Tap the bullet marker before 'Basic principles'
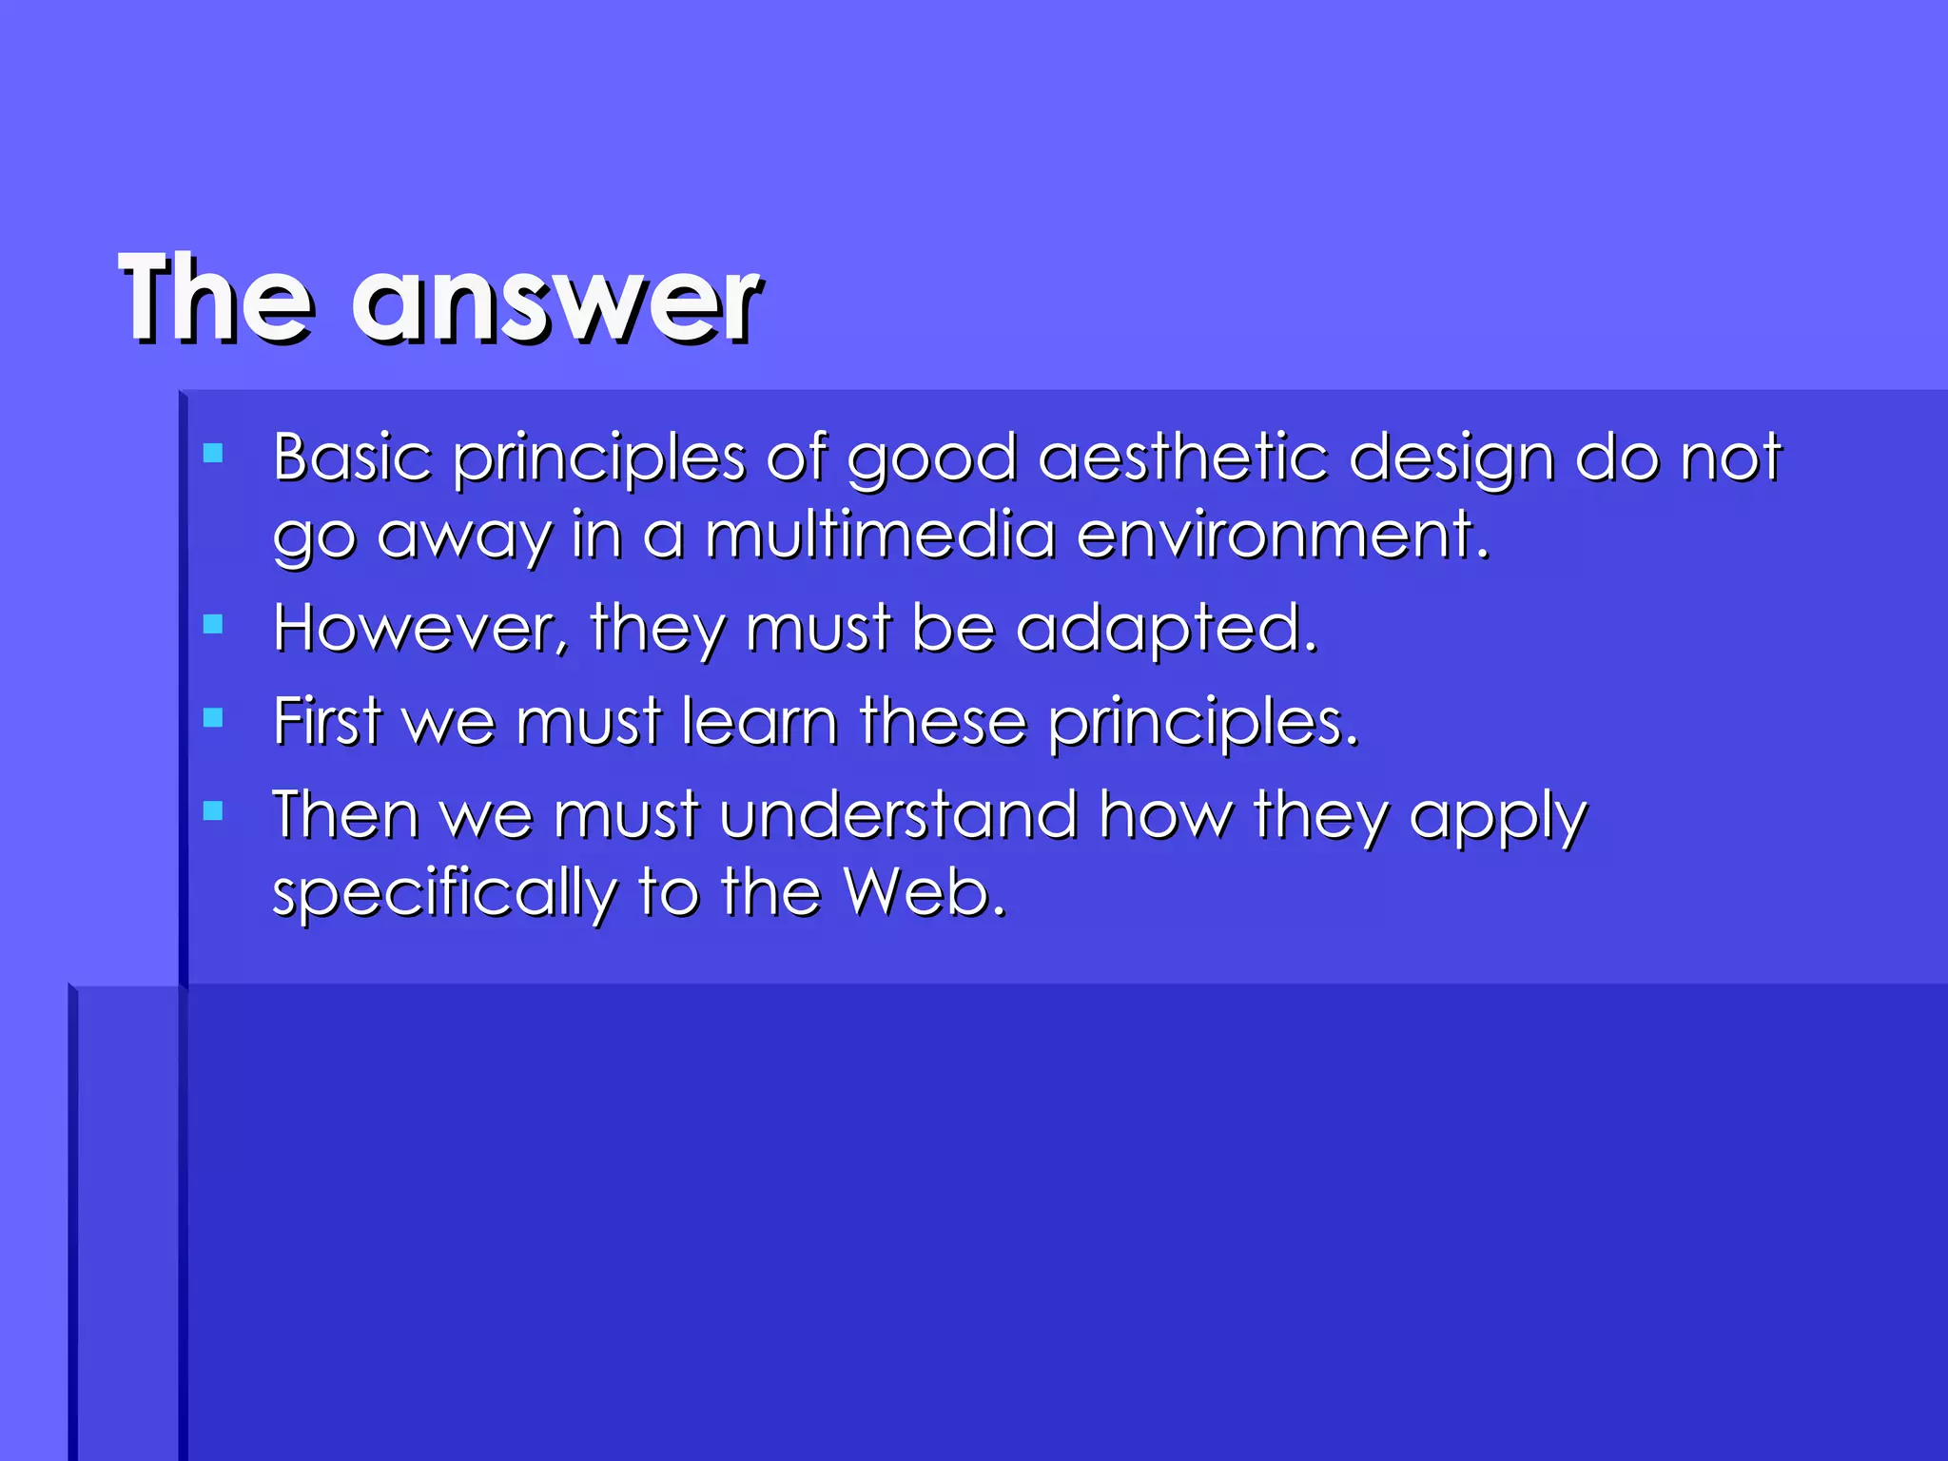[x=213, y=454]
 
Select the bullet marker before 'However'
[x=213, y=624]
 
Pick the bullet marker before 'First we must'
[x=213, y=717]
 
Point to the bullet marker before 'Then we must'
[x=213, y=811]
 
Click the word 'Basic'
[x=352, y=458]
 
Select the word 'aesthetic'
[x=1182, y=458]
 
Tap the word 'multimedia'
[x=880, y=535]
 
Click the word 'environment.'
[x=1282, y=535]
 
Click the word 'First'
[x=326, y=721]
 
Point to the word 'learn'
[x=760, y=721]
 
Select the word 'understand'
[x=898, y=815]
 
